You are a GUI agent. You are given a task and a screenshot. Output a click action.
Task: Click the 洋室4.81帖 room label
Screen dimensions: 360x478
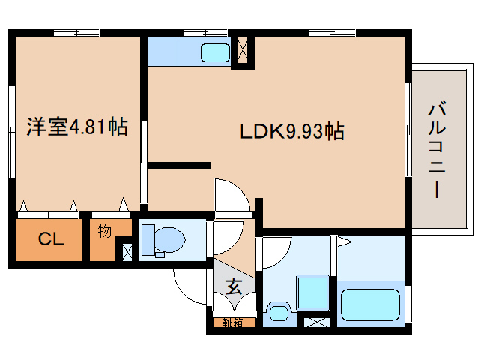(76, 127)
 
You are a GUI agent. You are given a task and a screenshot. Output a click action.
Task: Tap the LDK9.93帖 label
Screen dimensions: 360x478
(292, 132)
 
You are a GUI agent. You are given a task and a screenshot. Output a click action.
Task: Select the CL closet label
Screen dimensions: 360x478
(50, 240)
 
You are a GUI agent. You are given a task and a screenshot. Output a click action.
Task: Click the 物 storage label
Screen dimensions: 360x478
(104, 232)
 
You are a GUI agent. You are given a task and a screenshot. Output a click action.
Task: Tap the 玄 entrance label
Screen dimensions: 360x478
(234, 286)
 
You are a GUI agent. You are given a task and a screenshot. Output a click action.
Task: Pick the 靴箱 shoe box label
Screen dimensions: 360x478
(233, 323)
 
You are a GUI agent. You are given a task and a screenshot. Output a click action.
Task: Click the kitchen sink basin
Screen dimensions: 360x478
(216, 52)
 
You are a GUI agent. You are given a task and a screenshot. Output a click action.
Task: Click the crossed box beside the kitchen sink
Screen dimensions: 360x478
(242, 52)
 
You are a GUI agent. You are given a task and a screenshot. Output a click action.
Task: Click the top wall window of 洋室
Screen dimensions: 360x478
(76, 32)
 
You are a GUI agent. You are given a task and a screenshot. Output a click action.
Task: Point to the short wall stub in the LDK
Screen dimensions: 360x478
(179, 165)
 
